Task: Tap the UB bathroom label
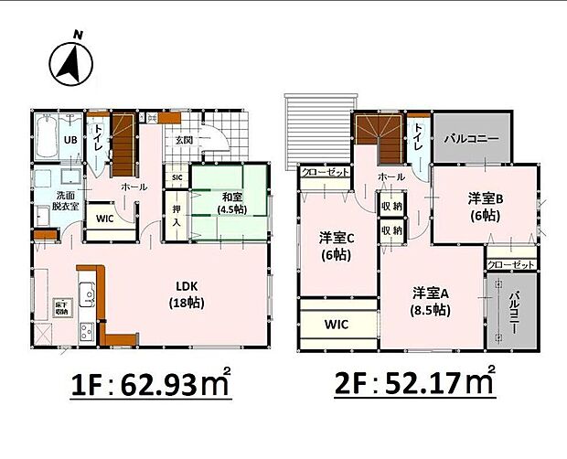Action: pyautogui.click(x=70, y=140)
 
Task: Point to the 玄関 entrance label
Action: pyautogui.click(x=184, y=141)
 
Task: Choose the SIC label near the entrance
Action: pyautogui.click(x=177, y=176)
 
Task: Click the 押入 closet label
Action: pyautogui.click(x=177, y=214)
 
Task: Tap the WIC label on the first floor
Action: pyautogui.click(x=104, y=219)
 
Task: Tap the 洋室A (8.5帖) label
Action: pyautogui.click(x=429, y=301)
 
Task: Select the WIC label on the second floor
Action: pyautogui.click(x=337, y=324)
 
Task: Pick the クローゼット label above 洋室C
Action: pyautogui.click(x=325, y=171)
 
